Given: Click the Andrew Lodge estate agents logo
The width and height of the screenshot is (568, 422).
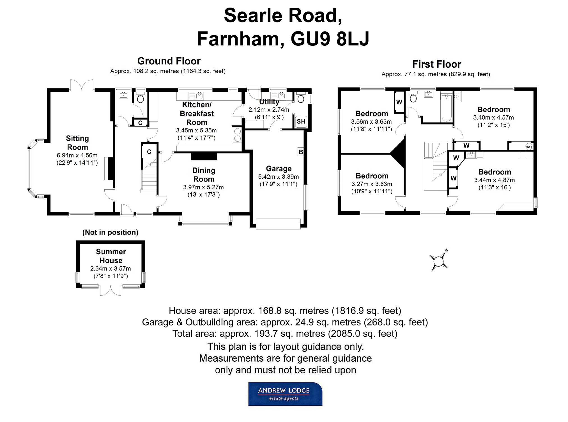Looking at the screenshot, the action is [x=285, y=394].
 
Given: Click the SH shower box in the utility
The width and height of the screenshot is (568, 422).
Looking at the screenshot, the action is [x=301, y=121].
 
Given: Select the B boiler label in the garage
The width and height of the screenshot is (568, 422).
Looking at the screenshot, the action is [x=301, y=152].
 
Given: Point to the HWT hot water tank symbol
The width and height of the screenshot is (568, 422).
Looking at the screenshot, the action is [x=529, y=146].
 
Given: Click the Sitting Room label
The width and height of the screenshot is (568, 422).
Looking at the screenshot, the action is [x=77, y=143].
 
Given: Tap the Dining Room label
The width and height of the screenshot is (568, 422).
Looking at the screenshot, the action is [x=204, y=175].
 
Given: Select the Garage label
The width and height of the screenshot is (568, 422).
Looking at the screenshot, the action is [x=279, y=169].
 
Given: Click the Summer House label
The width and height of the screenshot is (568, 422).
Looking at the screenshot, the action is [x=111, y=256].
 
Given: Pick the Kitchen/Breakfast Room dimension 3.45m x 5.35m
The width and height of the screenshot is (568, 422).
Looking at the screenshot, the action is [x=196, y=130].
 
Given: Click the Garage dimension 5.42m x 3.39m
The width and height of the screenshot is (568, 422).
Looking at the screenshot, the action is [x=279, y=177].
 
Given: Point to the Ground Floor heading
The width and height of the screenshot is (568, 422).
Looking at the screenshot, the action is [x=169, y=61].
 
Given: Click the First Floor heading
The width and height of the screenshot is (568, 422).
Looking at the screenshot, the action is [x=436, y=64].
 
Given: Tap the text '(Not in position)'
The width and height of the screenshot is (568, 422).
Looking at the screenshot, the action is [x=110, y=232].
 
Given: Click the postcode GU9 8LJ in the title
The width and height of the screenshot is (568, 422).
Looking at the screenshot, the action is [x=330, y=39].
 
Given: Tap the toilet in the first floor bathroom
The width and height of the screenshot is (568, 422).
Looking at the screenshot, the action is [x=413, y=98].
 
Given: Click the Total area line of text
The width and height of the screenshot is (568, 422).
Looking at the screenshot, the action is [x=285, y=333].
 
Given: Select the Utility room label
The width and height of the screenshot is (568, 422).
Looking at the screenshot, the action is [x=269, y=102].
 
